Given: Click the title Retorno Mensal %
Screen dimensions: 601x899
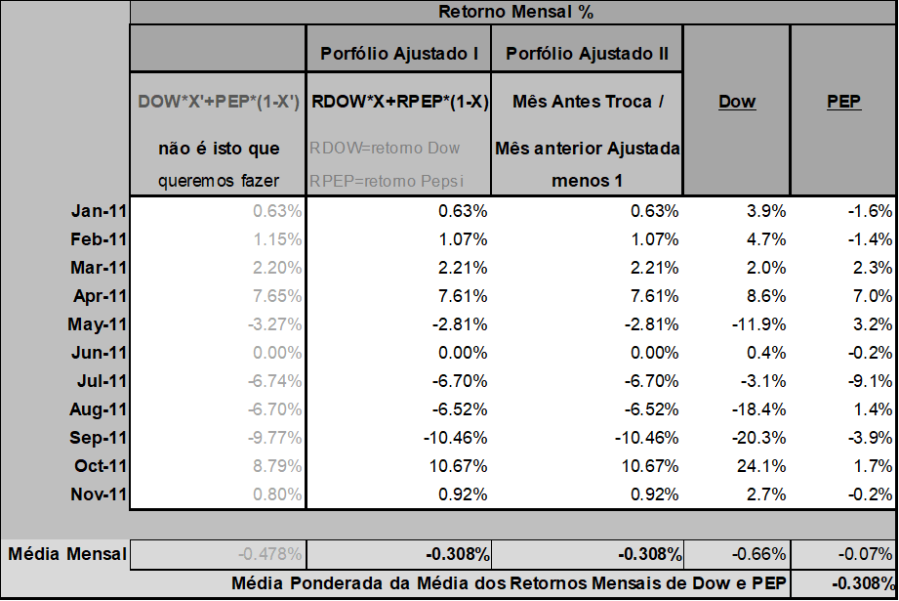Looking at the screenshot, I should click(514, 12).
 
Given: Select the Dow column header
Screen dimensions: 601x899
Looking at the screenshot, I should click(737, 102).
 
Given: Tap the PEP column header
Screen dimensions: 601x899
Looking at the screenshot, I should click(842, 102).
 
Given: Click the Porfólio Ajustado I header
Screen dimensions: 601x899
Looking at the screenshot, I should click(398, 53).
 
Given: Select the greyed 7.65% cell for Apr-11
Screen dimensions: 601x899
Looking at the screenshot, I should click(277, 295).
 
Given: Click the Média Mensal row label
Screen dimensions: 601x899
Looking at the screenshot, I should click(67, 554).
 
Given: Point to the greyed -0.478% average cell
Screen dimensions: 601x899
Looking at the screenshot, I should click(270, 554).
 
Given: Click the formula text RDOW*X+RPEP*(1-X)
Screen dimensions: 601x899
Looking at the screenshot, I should click(399, 102).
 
